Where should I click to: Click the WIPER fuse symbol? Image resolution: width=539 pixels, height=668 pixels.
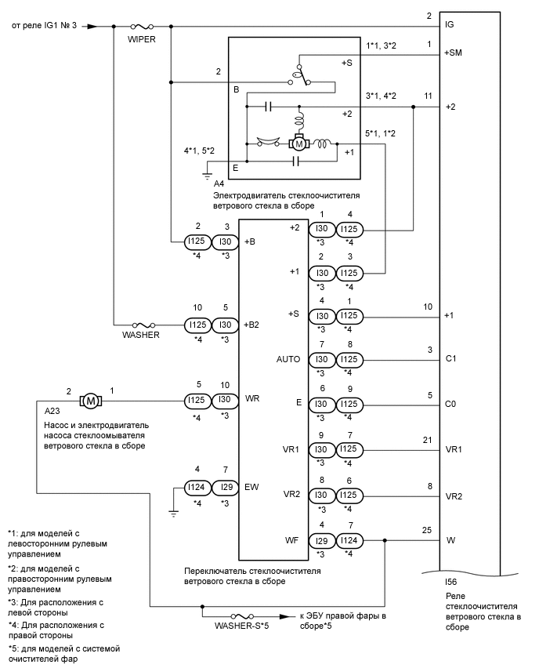(143, 26)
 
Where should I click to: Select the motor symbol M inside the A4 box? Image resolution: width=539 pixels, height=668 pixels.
(298, 143)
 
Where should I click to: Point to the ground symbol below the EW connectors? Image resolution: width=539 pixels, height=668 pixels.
(173, 512)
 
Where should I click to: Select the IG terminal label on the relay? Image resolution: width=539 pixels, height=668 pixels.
(450, 25)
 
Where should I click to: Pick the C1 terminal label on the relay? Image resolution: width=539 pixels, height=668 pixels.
(450, 358)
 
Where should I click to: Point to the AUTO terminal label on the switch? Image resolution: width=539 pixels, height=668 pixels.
(288, 358)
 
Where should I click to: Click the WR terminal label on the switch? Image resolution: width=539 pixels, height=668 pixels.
(251, 398)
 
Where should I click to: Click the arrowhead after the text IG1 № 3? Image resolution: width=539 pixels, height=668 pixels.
(92, 26)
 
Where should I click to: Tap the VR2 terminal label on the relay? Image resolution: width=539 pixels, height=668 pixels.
(453, 496)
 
